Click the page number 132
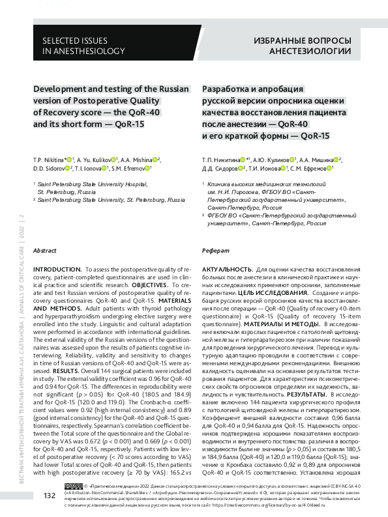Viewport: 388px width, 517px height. (x=48, y=496)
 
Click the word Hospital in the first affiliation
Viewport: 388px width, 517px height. (x=127, y=185)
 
